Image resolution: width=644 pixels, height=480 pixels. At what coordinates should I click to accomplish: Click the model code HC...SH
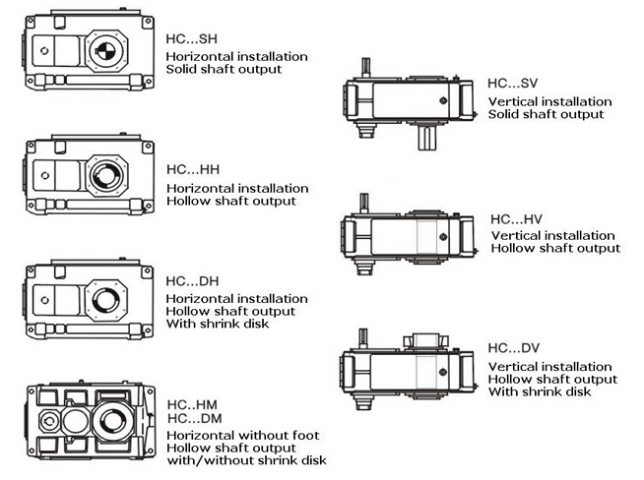pyautogui.click(x=192, y=40)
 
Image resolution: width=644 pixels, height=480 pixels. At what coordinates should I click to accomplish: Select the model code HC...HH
pyautogui.click(x=192, y=171)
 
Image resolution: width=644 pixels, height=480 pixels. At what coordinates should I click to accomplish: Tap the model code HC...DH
pyautogui.click(x=192, y=281)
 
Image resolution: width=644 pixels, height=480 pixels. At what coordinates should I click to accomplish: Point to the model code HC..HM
pyautogui.click(x=192, y=404)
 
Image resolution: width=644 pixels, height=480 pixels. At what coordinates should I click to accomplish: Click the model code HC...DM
pyautogui.click(x=194, y=419)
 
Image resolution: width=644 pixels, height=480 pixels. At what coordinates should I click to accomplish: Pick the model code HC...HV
pyautogui.click(x=514, y=220)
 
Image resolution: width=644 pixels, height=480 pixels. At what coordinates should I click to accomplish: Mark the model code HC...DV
pyautogui.click(x=514, y=348)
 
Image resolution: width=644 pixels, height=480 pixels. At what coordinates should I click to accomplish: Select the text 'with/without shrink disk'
pyautogui.click(x=246, y=460)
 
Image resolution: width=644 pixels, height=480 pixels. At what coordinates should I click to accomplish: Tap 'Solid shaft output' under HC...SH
pyautogui.click(x=224, y=70)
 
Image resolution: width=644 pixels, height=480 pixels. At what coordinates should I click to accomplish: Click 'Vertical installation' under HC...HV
pyautogui.click(x=552, y=235)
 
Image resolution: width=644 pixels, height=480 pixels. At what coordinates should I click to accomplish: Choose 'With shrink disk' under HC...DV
pyautogui.click(x=540, y=391)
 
